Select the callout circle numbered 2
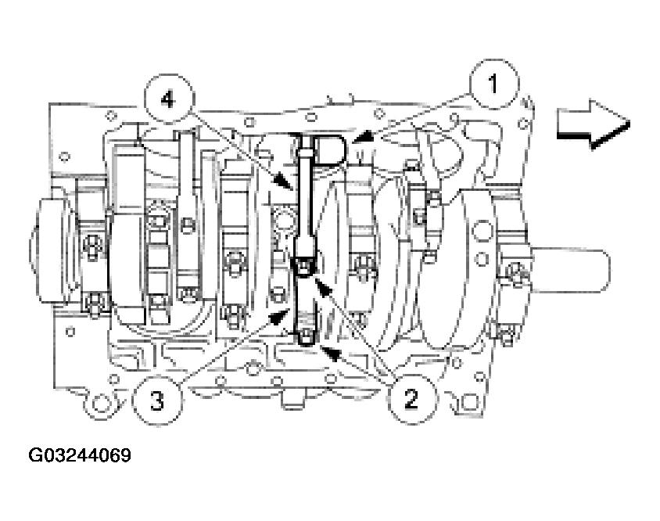pyautogui.click(x=409, y=397)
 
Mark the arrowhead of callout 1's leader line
pyautogui.click(x=355, y=142)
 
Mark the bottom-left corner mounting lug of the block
pyautogui.click(x=97, y=402)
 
